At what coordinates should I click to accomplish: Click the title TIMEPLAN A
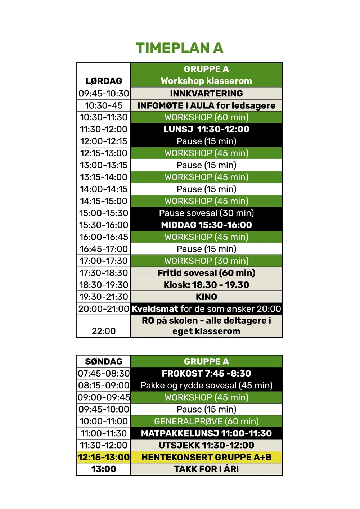179,48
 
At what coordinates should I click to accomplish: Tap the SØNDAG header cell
104,361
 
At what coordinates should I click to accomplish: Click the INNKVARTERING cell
206,94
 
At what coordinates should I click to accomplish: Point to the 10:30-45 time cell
104,105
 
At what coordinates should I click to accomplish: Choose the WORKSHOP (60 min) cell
206,117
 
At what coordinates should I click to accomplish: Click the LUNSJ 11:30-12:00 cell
206,129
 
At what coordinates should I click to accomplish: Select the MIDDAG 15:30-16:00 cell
206,225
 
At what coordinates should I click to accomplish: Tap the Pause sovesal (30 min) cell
206,213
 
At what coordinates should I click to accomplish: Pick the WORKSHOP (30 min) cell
206,261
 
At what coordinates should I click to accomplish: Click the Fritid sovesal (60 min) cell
206,273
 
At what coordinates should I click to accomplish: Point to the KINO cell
206,297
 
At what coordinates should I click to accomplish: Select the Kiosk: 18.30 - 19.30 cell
206,285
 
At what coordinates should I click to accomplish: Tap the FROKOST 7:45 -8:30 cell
206,373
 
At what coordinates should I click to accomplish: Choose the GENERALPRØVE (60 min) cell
206,421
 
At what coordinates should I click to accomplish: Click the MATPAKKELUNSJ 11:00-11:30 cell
206,433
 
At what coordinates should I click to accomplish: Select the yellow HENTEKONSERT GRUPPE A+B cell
206,457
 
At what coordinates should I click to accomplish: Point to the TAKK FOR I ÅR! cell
206,469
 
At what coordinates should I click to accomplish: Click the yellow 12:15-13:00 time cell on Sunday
104,457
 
